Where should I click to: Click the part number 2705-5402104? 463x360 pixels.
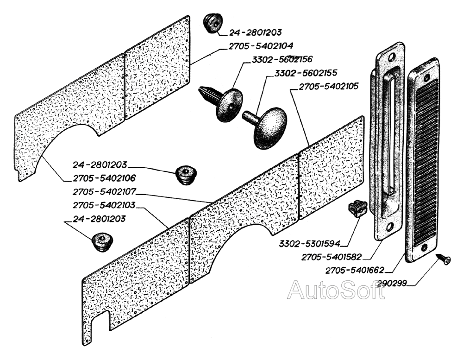[x=261, y=46]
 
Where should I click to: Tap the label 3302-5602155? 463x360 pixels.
[x=306, y=73]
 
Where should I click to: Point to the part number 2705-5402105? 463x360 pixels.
[x=329, y=86]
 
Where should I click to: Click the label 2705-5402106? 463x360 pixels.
[x=104, y=178]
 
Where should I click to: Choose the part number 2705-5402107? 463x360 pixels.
[x=104, y=192]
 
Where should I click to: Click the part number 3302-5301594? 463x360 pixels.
[x=309, y=244]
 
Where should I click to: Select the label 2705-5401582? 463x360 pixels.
[x=332, y=257]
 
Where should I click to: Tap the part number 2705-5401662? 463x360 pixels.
[x=355, y=270]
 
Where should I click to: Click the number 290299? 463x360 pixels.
[x=393, y=284]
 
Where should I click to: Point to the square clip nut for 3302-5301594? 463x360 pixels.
[x=357, y=208]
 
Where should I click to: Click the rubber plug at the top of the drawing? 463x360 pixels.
[x=213, y=23]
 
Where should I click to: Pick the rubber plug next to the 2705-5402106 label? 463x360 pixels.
[x=186, y=175]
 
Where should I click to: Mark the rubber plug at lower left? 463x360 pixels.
[x=102, y=242]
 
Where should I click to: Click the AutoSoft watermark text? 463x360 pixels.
[x=336, y=290]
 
